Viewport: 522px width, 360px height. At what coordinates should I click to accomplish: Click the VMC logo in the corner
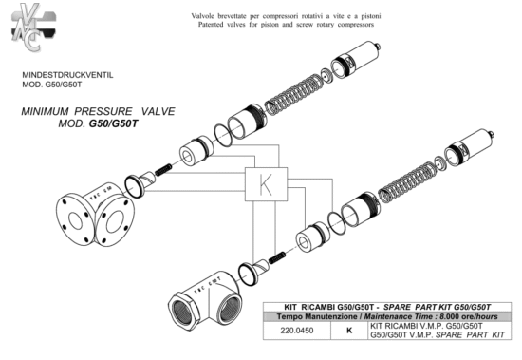click(33, 28)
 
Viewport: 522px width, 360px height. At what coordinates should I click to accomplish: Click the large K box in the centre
click(266, 184)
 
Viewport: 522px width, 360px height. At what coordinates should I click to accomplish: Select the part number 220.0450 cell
click(297, 331)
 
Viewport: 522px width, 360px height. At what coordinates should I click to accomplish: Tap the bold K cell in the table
click(349, 331)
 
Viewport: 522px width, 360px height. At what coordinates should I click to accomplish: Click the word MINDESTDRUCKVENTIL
click(67, 75)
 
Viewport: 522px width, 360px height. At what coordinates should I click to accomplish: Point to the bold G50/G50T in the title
click(113, 123)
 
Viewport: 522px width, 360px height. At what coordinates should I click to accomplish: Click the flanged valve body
click(95, 215)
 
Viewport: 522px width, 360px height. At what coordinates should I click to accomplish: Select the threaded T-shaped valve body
click(204, 300)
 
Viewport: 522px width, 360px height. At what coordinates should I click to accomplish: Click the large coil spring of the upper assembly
click(293, 95)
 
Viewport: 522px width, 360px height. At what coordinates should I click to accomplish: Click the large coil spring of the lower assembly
click(407, 182)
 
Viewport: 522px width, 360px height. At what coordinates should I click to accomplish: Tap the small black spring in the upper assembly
click(163, 170)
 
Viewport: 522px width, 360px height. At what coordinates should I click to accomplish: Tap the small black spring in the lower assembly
click(276, 257)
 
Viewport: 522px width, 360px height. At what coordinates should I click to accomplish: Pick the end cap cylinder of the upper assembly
click(356, 60)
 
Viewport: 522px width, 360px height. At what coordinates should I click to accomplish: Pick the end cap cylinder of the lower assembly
click(469, 148)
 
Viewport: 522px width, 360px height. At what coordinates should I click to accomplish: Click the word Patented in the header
click(211, 25)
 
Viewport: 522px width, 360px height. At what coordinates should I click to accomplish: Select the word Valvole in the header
click(203, 16)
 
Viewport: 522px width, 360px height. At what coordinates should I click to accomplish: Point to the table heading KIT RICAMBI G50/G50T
click(329, 307)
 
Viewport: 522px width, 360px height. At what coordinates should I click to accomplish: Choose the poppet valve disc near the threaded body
click(253, 271)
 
